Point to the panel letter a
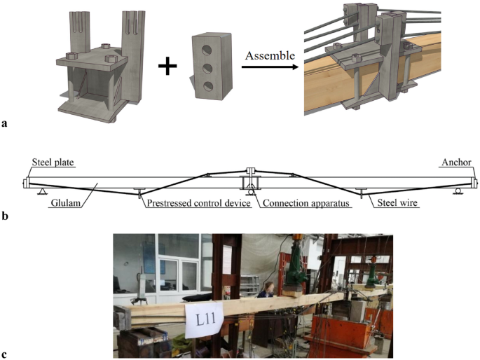pos(6,125)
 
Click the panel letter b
pos(6,215)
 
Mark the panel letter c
pos(6,351)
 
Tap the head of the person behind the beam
pos(268,287)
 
